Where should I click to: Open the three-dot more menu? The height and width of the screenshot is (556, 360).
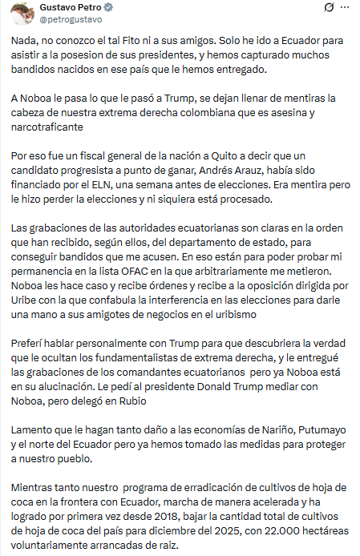(x=346, y=8)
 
